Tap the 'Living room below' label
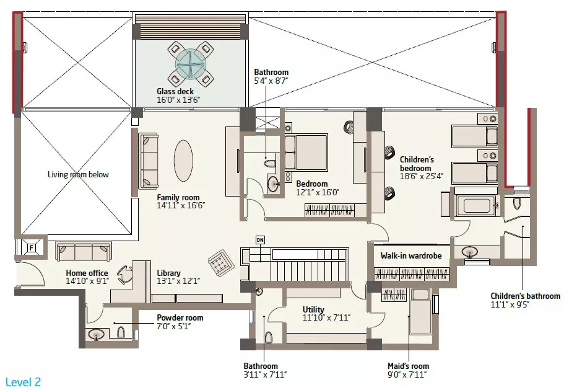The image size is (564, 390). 78,175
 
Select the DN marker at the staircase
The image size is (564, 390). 261,240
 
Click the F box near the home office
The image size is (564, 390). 32,248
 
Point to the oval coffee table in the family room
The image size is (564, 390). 183,161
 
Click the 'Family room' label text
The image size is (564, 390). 178,197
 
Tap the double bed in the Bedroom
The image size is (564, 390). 306,152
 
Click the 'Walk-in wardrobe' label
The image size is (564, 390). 411,255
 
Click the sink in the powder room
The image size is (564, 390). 96,335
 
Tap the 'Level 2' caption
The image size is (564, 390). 23,382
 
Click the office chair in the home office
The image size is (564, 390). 125,275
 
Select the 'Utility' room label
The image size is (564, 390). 313,309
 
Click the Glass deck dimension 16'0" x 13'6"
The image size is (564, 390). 178,100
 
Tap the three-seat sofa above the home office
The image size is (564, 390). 83,251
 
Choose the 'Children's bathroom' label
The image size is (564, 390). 525,296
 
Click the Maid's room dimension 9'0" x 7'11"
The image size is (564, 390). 407,374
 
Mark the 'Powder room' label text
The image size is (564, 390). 180,317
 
